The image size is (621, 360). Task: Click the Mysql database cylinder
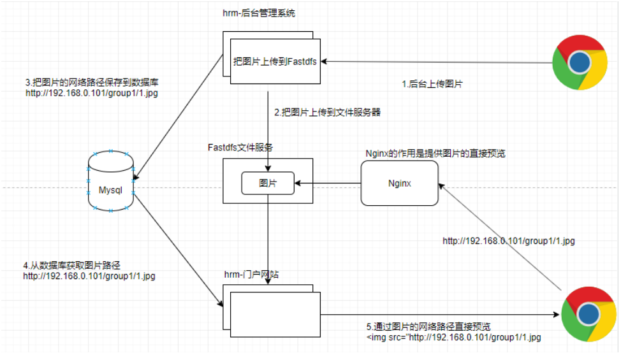[110, 182]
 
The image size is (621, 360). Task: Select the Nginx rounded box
[400, 184]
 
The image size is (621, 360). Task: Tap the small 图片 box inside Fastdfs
[267, 184]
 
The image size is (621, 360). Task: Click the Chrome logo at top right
[579, 62]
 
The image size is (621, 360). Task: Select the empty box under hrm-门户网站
[275, 313]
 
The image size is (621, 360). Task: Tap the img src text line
[453, 337]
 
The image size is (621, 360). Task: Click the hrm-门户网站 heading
[251, 273]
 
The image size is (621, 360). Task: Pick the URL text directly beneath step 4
[89, 276]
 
